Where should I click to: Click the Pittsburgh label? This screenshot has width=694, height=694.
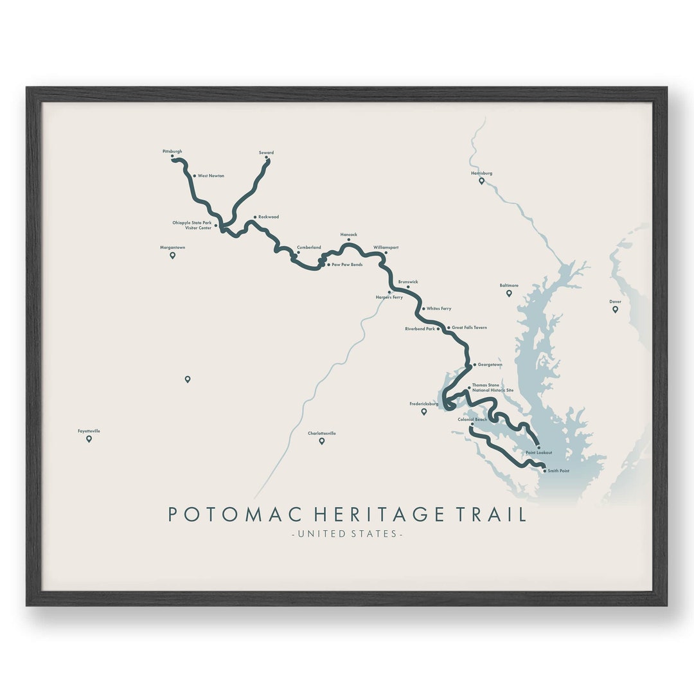click(172, 152)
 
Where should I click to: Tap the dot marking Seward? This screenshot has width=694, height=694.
click(266, 157)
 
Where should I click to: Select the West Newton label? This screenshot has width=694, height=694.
click(211, 175)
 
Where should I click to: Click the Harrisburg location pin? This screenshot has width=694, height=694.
click(481, 181)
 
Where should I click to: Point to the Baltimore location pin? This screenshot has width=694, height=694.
click(509, 293)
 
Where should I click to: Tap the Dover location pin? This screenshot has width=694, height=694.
click(615, 309)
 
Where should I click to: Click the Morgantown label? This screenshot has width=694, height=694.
click(172, 247)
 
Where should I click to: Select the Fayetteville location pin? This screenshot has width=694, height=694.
click(89, 439)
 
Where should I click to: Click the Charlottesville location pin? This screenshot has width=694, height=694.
click(322, 441)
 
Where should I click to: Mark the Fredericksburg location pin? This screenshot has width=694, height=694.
click(424, 411)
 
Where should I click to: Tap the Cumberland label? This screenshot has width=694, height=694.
click(308, 247)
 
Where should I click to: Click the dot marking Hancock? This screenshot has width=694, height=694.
click(349, 240)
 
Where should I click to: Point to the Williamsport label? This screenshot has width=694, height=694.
click(386, 247)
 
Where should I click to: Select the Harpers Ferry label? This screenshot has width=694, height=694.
click(389, 298)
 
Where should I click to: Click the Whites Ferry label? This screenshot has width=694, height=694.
click(439, 308)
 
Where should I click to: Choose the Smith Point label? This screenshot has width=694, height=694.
click(558, 471)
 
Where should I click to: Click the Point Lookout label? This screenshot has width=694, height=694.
click(538, 452)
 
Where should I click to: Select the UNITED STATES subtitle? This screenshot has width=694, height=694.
click(347, 534)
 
